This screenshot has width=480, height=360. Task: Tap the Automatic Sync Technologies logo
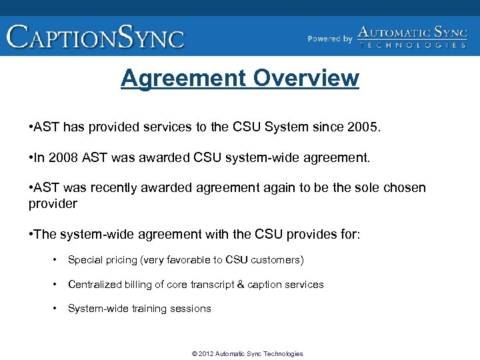tap(412, 37)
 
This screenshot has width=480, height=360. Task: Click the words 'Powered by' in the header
tap(330, 39)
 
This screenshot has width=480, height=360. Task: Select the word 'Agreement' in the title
tap(183, 78)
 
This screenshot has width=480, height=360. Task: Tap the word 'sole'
tap(368, 187)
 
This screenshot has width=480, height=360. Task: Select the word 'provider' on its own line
tap(53, 203)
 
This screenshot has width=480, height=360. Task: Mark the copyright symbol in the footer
tap(194, 354)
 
